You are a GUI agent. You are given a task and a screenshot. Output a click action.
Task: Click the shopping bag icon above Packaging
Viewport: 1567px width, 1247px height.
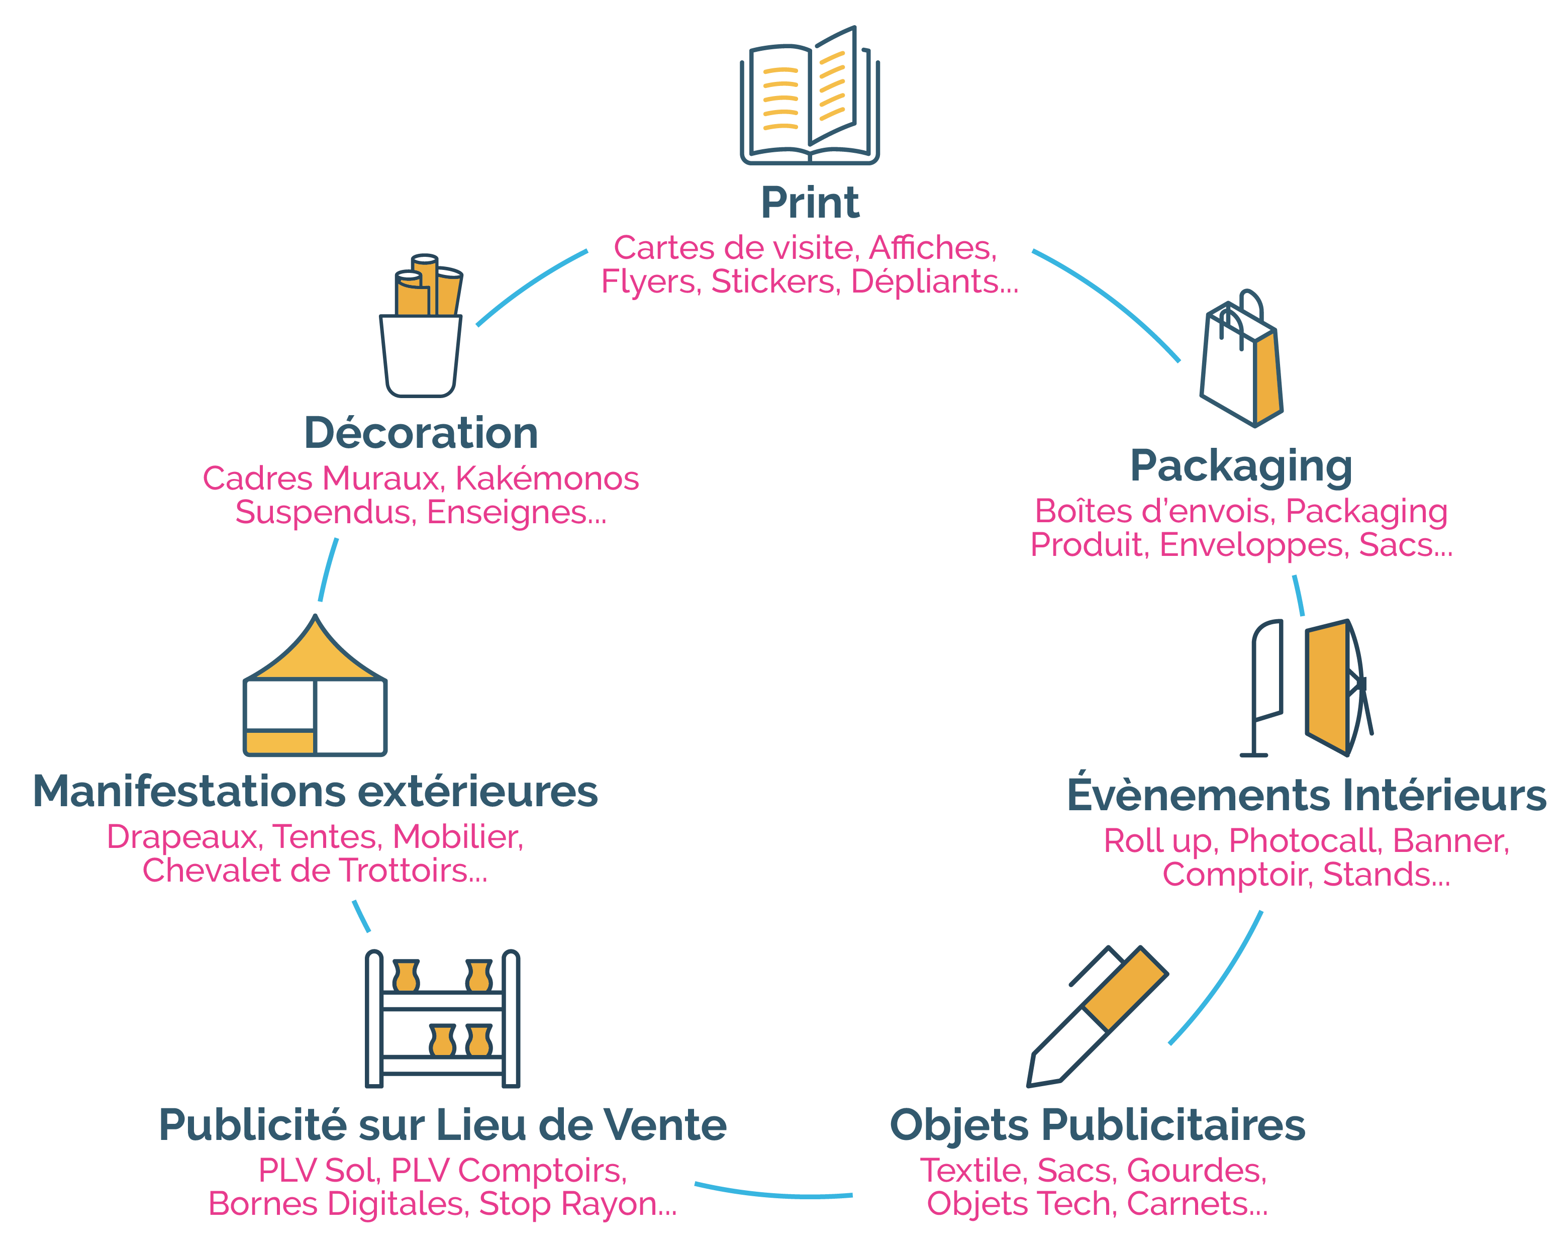pyautogui.click(x=1241, y=360)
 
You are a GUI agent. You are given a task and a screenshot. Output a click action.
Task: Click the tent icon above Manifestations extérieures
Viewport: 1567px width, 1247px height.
pyautogui.click(x=315, y=687)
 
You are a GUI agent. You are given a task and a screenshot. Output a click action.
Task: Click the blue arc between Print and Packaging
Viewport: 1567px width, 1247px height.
pyautogui.click(x=1112, y=298)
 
